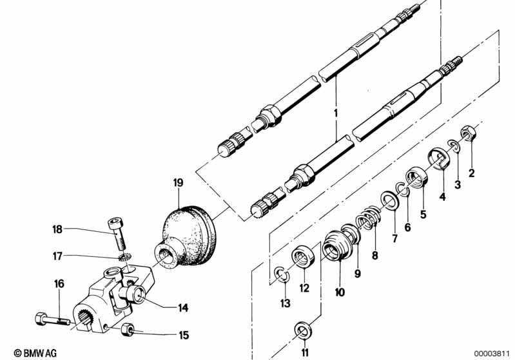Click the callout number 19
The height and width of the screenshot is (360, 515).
179,182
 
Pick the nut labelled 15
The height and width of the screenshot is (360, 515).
128,331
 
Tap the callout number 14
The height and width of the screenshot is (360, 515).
183,308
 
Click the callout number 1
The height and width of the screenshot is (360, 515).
335,113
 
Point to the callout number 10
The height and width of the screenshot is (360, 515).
340,292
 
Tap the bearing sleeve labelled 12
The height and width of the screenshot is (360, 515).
303,258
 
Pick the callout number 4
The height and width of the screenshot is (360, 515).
442,196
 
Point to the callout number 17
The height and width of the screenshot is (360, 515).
58,256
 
